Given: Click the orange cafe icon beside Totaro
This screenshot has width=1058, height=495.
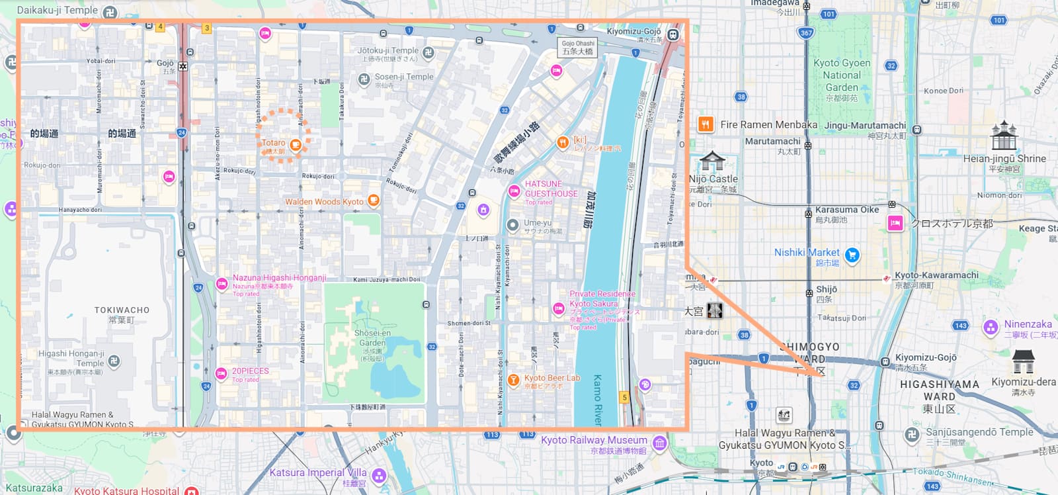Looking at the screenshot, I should click(x=296, y=145).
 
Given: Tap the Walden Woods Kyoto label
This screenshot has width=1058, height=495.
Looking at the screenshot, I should click(x=324, y=202).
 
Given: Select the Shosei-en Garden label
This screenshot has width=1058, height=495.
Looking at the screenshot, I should click(x=372, y=337).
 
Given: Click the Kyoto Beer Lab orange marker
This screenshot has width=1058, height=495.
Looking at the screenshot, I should click(x=513, y=381).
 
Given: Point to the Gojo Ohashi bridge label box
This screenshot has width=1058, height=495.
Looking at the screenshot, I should click(x=578, y=48).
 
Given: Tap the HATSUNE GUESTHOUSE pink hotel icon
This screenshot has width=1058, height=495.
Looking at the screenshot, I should click(x=514, y=191).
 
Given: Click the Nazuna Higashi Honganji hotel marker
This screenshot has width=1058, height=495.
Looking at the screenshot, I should click(x=222, y=285).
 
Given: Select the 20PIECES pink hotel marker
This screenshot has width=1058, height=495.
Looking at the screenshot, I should click(x=222, y=374).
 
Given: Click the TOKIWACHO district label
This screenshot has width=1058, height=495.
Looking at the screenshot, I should click(x=122, y=310).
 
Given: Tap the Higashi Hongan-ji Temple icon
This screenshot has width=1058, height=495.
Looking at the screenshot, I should click(x=114, y=361).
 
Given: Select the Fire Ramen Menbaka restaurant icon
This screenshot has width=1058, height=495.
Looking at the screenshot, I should click(x=706, y=124).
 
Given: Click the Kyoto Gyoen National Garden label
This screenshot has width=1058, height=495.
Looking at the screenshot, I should click(x=841, y=75).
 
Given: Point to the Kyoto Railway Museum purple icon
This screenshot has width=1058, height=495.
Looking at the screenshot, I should click(x=659, y=443).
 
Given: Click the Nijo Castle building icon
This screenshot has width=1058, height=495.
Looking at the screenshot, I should click(x=712, y=161).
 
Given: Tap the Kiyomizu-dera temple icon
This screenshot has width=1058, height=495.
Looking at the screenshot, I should click(x=1023, y=361).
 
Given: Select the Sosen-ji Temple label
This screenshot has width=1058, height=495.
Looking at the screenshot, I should click(x=404, y=77).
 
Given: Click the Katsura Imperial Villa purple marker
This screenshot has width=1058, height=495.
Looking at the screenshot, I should click(x=378, y=475).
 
